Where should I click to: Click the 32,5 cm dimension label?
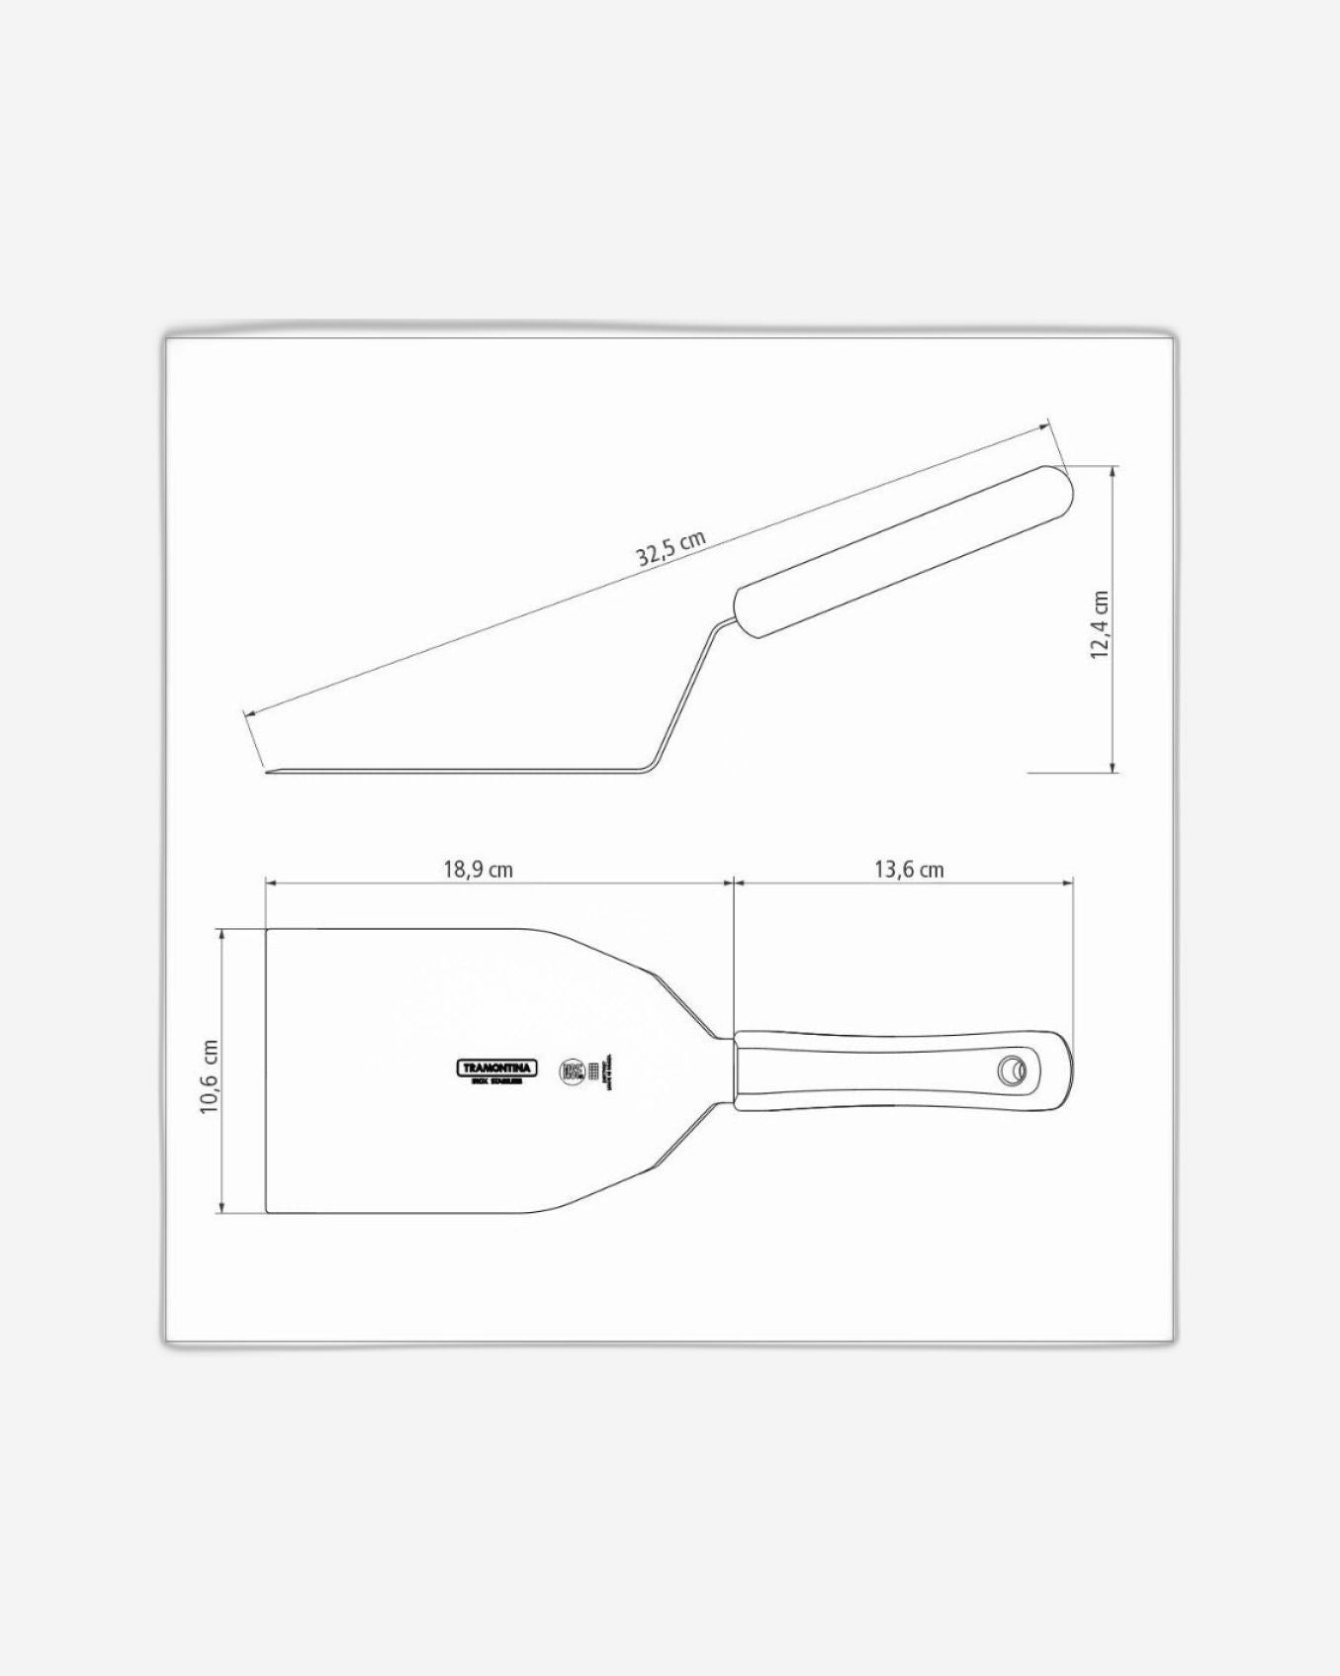tap(671, 549)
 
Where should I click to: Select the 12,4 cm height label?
tap(1101, 625)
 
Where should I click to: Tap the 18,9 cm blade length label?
tap(478, 870)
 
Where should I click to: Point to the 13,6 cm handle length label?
tap(909, 870)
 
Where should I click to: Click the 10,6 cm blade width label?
tap(209, 1077)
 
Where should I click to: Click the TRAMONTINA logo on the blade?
tap(497, 1069)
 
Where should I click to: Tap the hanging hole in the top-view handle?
tap(1011, 1070)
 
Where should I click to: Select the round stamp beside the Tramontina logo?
tap(572, 1071)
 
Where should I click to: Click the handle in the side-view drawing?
tap(902, 550)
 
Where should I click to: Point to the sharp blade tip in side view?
tap(269, 772)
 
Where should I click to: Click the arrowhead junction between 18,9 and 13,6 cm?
tap(733, 883)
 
